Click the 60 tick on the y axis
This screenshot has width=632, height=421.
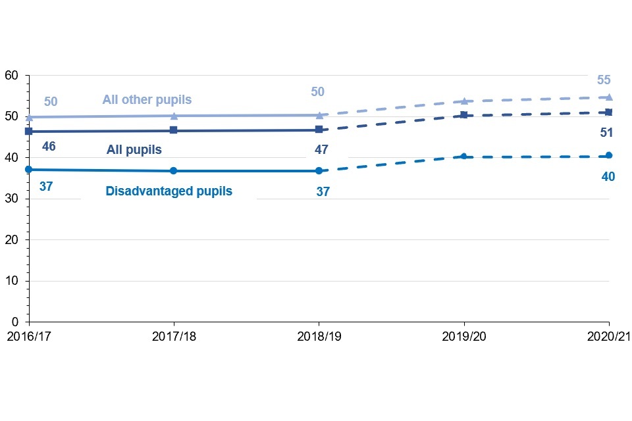click(11, 75)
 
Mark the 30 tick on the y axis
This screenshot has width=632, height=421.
click(11, 199)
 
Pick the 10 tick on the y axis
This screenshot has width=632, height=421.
click(11, 281)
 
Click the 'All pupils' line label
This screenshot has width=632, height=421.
click(134, 150)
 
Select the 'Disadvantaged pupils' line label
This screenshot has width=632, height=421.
click(169, 191)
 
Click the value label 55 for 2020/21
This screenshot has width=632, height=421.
click(604, 80)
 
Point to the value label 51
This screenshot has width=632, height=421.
click(606, 133)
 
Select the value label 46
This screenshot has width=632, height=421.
click(48, 147)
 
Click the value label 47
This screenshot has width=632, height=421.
click(321, 150)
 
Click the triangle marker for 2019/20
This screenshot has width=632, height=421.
click(464, 101)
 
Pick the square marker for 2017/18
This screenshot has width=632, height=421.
click(174, 130)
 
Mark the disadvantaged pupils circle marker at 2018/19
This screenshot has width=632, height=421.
click(319, 171)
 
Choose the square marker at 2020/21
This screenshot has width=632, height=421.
click(609, 112)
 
